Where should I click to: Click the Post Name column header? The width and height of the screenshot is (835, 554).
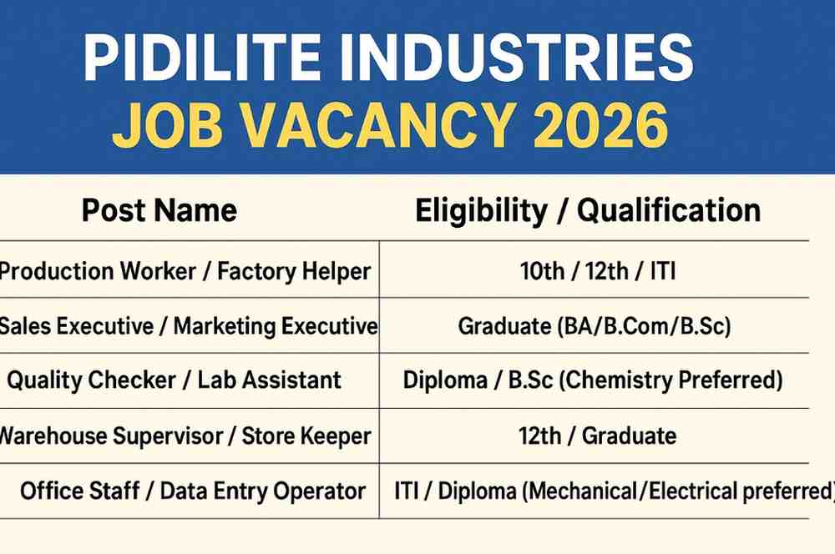point(159,210)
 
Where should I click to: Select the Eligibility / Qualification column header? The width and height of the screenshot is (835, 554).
point(588,210)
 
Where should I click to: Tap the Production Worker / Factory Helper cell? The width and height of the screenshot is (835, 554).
point(185,270)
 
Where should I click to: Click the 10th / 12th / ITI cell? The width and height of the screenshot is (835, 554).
point(594,270)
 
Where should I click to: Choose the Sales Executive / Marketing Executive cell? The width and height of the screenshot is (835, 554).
point(188,325)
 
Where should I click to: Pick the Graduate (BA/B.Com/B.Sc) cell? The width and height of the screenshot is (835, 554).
point(594,326)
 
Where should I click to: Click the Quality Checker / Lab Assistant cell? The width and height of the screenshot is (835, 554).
point(175,380)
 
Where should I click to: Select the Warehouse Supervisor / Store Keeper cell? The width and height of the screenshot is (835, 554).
point(185,436)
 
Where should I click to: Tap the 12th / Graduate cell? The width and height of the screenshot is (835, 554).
point(594,436)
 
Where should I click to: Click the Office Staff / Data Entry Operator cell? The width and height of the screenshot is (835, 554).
point(193,491)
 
